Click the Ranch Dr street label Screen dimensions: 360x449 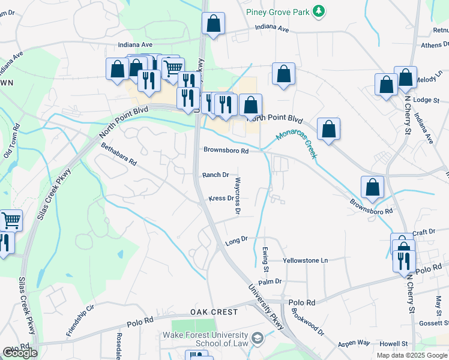point(215,175)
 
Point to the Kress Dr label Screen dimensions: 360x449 point(220,198)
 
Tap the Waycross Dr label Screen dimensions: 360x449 point(238,196)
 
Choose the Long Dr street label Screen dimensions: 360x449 point(236,240)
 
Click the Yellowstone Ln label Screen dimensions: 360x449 point(306,260)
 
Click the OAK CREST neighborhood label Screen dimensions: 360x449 point(214,312)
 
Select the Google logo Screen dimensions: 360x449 point(20,353)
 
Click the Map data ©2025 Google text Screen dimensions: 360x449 point(411,355)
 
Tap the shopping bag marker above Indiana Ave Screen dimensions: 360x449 point(213,23)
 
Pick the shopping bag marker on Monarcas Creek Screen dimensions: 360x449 point(328,129)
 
